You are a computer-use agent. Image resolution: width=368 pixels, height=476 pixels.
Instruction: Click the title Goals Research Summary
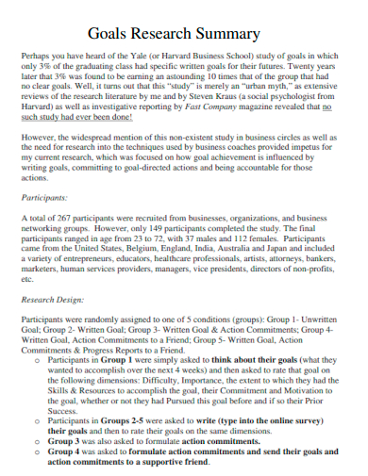coord(186,34)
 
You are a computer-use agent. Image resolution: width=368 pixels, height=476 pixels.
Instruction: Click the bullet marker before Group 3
coord(38,440)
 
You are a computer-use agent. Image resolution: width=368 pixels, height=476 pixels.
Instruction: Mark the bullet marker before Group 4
coord(38,451)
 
